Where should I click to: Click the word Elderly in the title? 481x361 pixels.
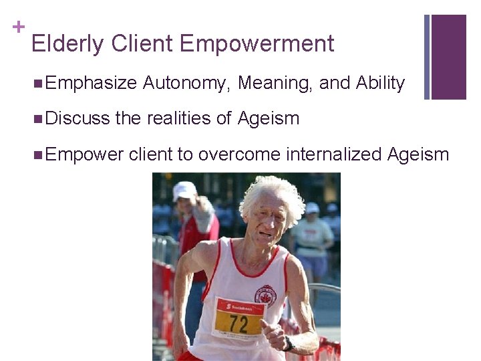68,44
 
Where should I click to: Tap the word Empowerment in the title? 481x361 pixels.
257,44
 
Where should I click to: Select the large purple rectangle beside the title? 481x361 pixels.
448,57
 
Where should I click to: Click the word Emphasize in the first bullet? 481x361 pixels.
92,84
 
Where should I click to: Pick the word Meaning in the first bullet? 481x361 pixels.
275,84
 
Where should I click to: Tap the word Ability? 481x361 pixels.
380,84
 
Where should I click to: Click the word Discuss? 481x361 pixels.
78,119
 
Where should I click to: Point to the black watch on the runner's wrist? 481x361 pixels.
288,343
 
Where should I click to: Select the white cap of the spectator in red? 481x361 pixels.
184,190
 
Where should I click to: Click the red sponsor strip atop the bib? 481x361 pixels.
238,306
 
